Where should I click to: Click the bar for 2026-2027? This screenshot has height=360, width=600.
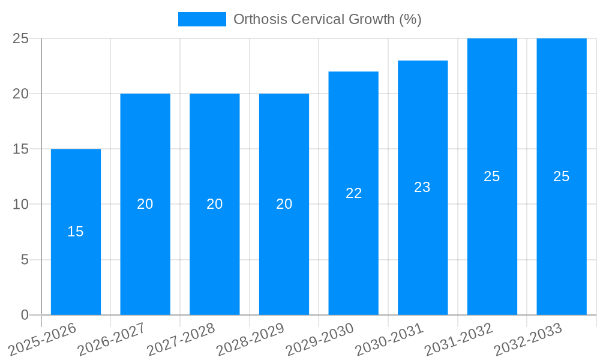point(145,252)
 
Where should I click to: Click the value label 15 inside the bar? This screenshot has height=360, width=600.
point(76,232)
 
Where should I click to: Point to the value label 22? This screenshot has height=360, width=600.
point(353,193)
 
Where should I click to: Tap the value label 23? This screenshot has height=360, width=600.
point(422,187)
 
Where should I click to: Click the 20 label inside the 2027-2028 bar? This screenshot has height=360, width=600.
point(214,204)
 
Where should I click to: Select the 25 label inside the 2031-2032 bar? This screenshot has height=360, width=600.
point(492,176)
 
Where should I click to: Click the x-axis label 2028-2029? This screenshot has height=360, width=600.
point(251,340)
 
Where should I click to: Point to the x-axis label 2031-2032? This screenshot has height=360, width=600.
point(459,340)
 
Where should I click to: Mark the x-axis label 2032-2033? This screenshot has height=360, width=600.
point(528,340)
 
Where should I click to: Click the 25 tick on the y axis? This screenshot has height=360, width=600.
point(21,38)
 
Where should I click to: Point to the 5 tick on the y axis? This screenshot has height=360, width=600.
point(25,260)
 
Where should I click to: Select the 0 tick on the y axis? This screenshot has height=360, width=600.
point(25,315)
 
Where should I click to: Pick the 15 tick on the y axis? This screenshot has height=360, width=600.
point(21,149)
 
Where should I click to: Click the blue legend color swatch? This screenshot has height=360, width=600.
point(202,19)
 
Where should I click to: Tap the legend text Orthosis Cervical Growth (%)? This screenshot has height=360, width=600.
point(327,19)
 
